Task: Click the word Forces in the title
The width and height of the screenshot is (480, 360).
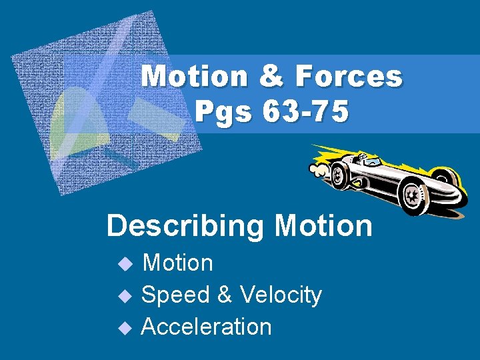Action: click(349, 77)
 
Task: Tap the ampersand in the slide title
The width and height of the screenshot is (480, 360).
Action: click(270, 77)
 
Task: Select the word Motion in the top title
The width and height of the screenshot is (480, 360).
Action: click(195, 77)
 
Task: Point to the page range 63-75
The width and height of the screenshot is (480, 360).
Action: click(305, 112)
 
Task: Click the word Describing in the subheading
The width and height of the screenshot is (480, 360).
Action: click(185, 226)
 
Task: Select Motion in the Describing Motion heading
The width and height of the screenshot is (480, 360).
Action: click(323, 226)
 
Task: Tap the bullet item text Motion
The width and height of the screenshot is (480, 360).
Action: click(178, 263)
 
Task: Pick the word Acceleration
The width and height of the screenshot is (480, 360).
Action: click(207, 327)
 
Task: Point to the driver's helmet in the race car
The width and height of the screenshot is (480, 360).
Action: click(364, 157)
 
